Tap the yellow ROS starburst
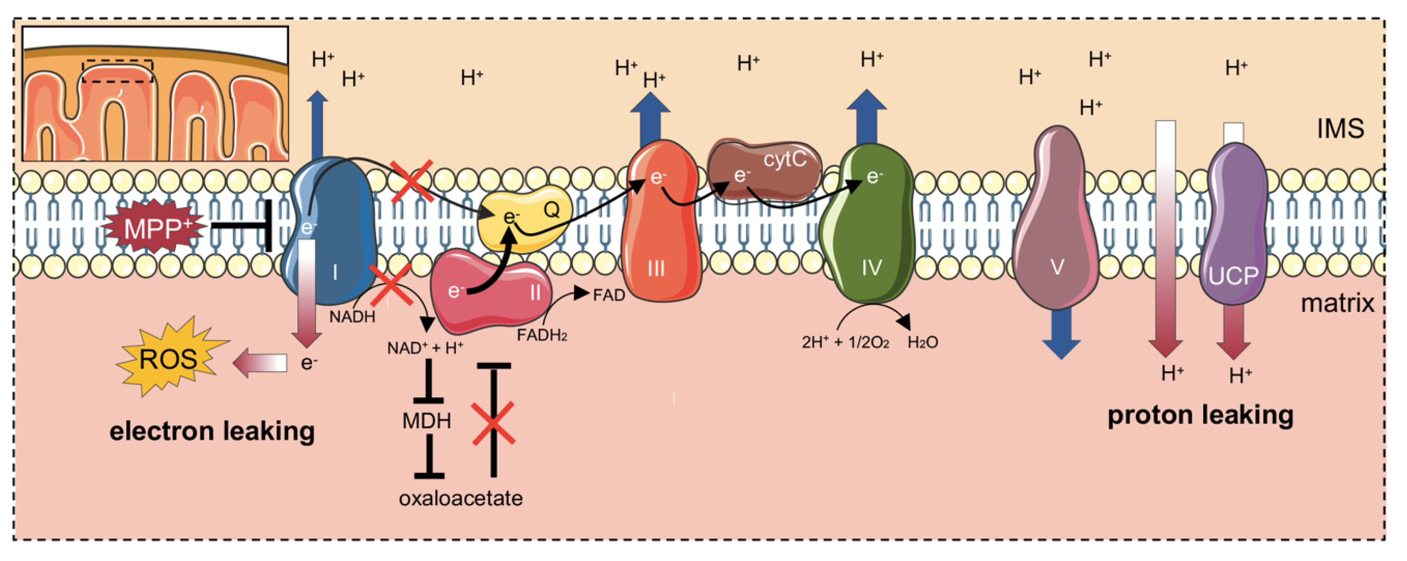tap(168, 358)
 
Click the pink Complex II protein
tap(492, 295)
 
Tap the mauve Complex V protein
tap(1057, 229)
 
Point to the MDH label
tap(427, 421)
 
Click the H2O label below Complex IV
tap(923, 342)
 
